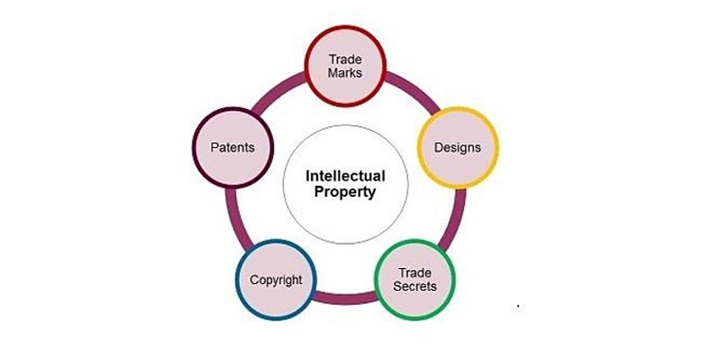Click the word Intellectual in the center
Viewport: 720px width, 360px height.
pyautogui.click(x=345, y=176)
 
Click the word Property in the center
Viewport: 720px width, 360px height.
pyautogui.click(x=345, y=192)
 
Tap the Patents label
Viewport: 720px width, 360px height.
pyautogui.click(x=232, y=148)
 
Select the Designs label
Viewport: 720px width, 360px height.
pyautogui.click(x=458, y=148)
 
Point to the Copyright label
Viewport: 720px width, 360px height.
pyautogui.click(x=276, y=279)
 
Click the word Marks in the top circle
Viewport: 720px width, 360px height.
pyautogui.click(x=345, y=73)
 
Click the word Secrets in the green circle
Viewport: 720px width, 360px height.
pyautogui.click(x=415, y=286)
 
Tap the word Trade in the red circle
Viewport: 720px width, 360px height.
pyautogui.click(x=345, y=60)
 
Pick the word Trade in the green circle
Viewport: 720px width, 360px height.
pyautogui.click(x=415, y=273)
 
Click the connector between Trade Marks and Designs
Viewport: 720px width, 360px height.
pyautogui.click(x=413, y=91)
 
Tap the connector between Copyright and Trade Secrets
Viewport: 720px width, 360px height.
pyautogui.click(x=345, y=298)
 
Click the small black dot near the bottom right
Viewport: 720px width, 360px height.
pyautogui.click(x=518, y=305)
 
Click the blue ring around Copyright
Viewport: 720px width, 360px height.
pyautogui.click(x=237, y=279)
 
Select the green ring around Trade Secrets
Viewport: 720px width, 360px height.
pyautogui.click(x=375, y=279)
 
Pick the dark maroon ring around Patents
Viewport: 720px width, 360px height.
pyautogui.click(x=194, y=148)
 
